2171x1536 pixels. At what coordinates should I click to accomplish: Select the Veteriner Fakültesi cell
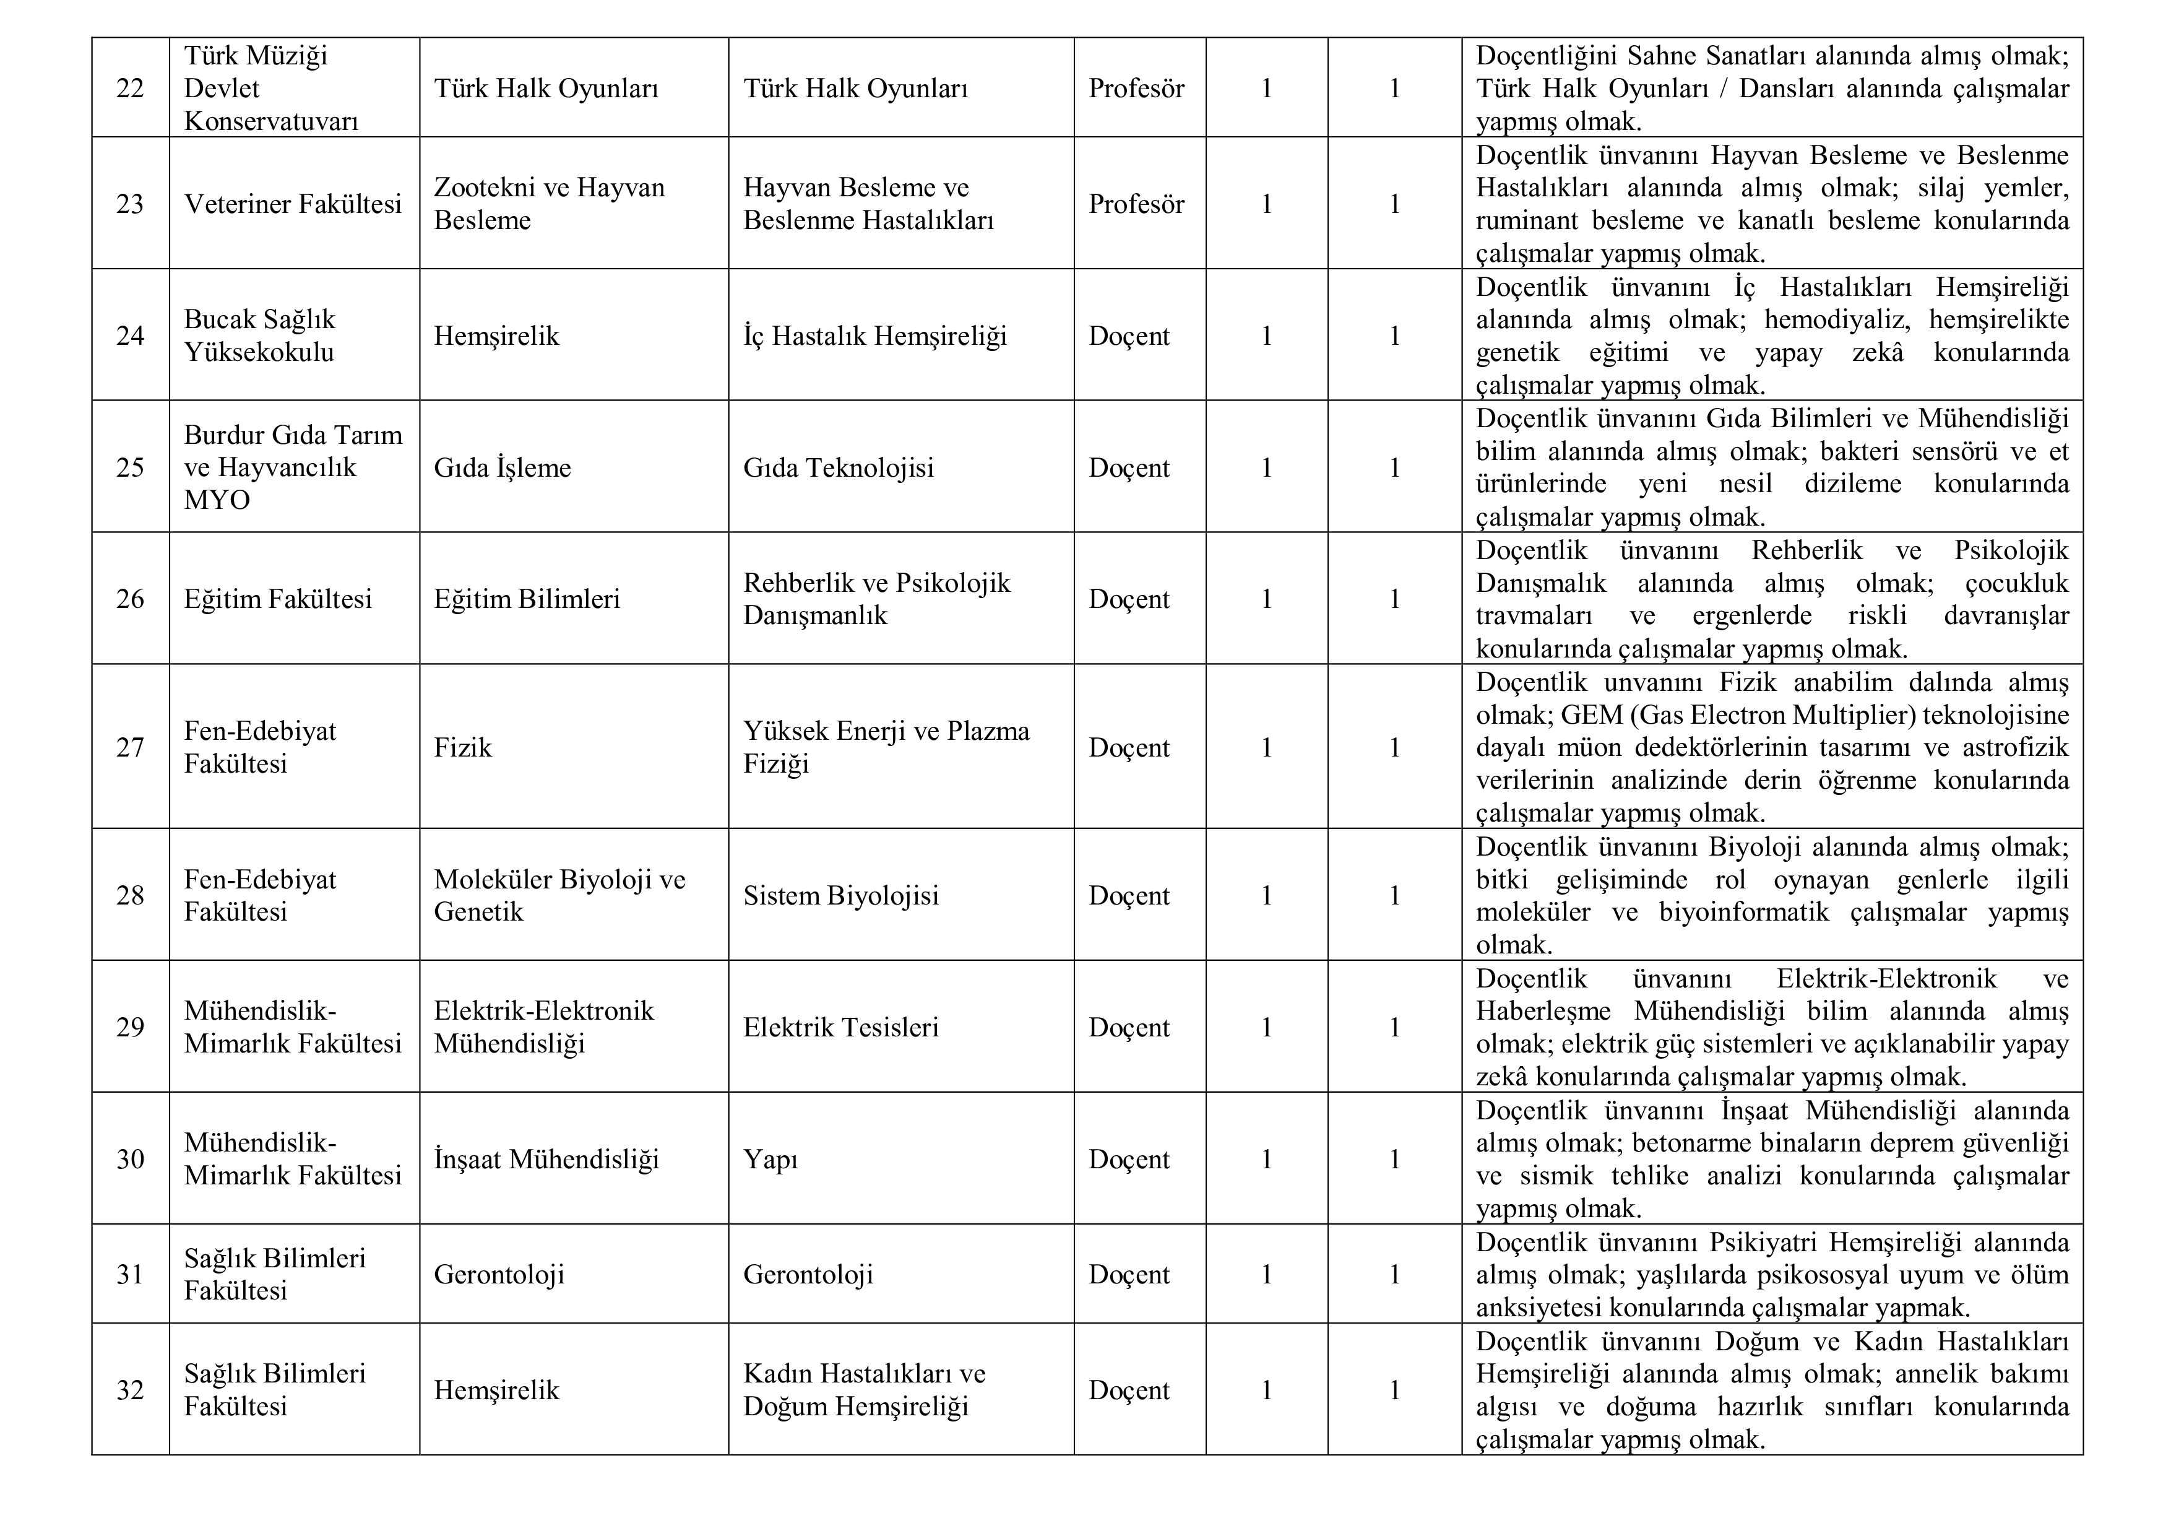(293, 203)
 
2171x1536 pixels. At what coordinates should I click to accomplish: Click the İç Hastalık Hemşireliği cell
(874, 336)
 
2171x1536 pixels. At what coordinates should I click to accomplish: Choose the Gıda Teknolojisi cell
(838, 467)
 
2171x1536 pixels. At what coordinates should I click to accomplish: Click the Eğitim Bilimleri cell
(527, 599)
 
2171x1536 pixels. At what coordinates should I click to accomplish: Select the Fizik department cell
(464, 747)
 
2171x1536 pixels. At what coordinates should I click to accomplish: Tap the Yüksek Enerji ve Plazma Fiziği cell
(886, 747)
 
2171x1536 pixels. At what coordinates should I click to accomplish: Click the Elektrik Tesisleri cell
(840, 1027)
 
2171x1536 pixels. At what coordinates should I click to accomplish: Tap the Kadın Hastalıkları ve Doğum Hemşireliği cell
(864, 1389)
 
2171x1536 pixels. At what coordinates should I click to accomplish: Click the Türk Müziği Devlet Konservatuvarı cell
(270, 88)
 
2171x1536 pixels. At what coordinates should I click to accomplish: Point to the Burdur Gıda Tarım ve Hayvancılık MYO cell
(293, 467)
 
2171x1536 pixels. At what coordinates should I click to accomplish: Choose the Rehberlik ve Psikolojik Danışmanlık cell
(876, 599)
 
